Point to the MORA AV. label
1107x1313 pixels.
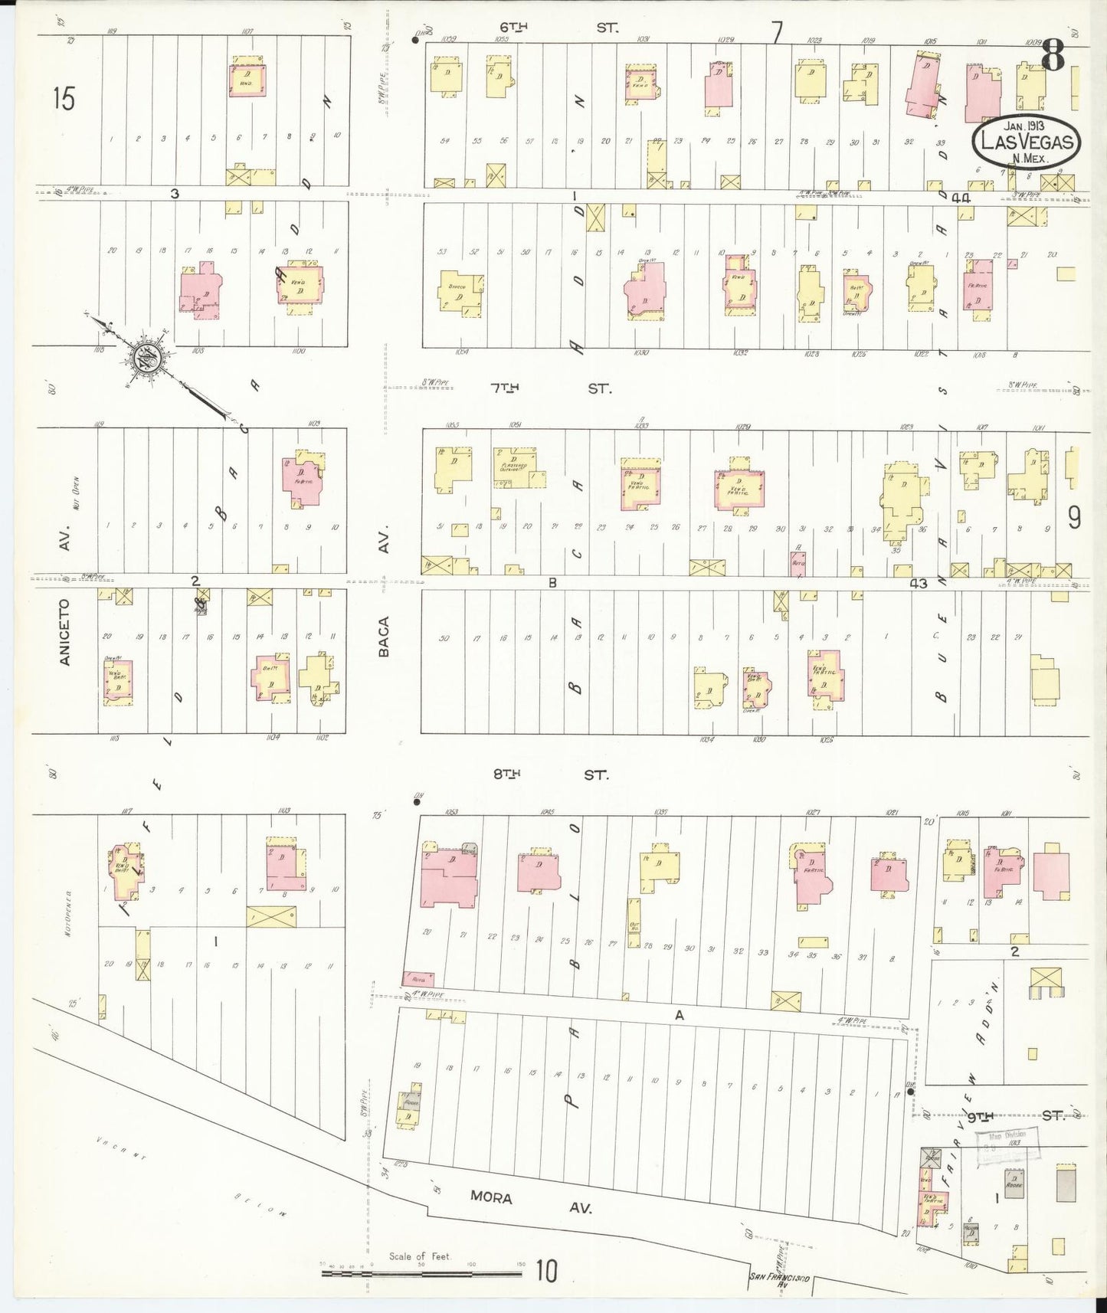[x=530, y=1197]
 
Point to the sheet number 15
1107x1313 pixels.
[x=64, y=98]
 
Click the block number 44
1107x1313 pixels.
[x=961, y=198]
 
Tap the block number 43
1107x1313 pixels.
[x=918, y=584]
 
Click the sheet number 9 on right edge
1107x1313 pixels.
[x=1074, y=519]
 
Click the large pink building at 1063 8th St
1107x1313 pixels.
[x=448, y=878]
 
